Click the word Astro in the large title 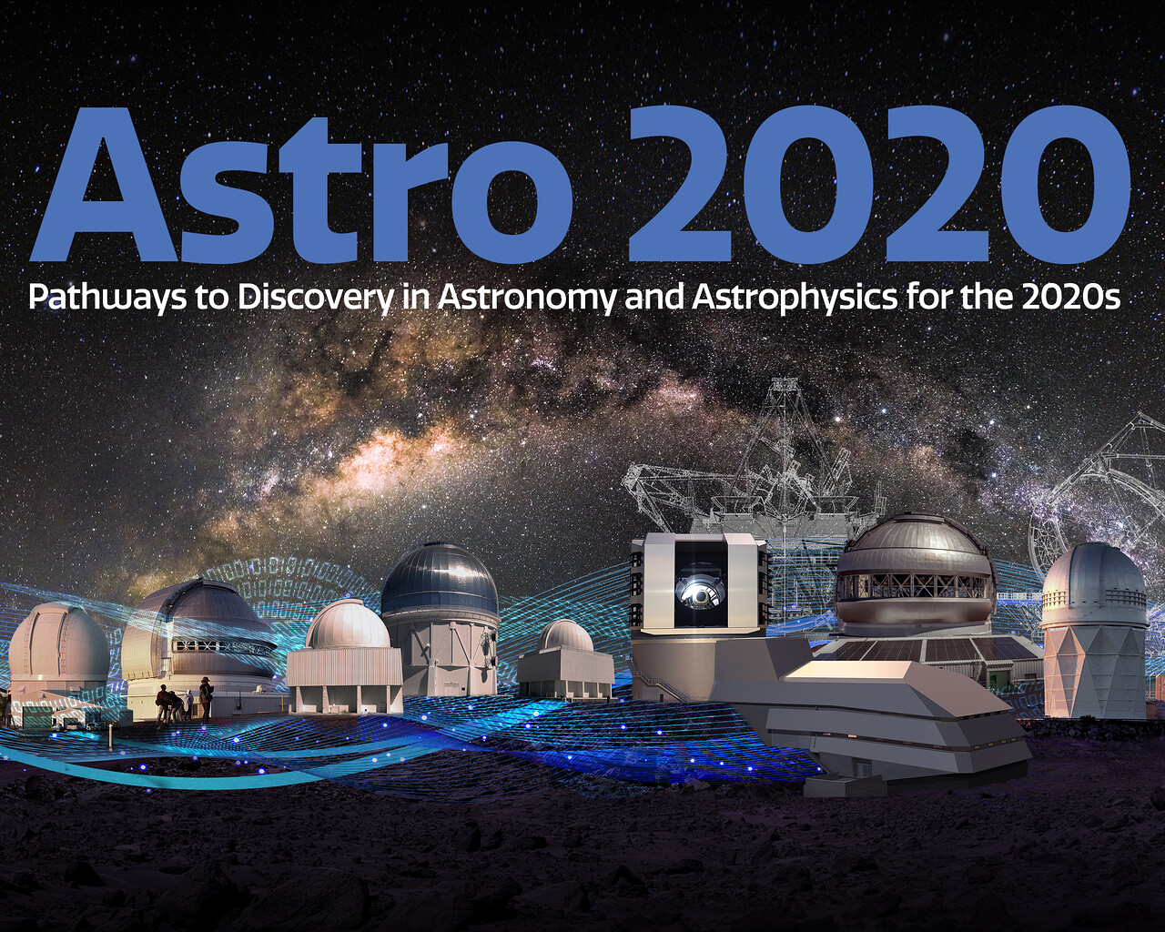[x=301, y=184]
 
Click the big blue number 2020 [x=878, y=184]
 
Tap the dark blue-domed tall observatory [x=440, y=618]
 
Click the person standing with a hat [x=206, y=699]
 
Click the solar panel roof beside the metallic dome [x=920, y=649]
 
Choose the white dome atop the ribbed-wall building [x=348, y=623]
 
